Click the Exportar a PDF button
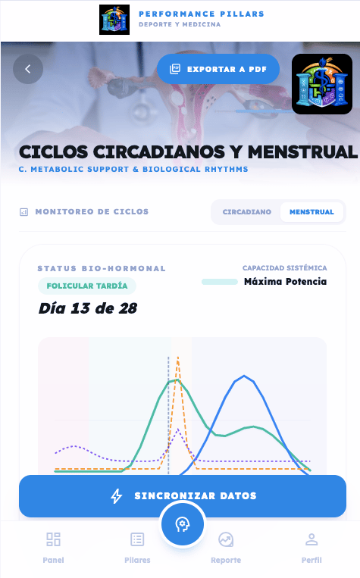(218, 69)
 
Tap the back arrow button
(28, 69)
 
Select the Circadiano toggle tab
(247, 212)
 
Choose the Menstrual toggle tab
(311, 212)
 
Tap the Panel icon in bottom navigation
(54, 539)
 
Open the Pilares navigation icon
(137, 539)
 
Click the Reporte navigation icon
(226, 539)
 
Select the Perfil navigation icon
(311, 539)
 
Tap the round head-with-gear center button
(182, 524)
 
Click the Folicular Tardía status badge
(87, 286)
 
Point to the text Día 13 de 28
(88, 308)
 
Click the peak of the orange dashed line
(178, 357)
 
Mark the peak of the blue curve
(244, 376)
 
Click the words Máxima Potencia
(286, 282)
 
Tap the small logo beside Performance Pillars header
(114, 20)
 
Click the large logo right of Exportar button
(322, 84)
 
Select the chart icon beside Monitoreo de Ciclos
(23, 212)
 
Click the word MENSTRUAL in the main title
(302, 152)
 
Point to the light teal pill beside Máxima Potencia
(220, 282)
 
